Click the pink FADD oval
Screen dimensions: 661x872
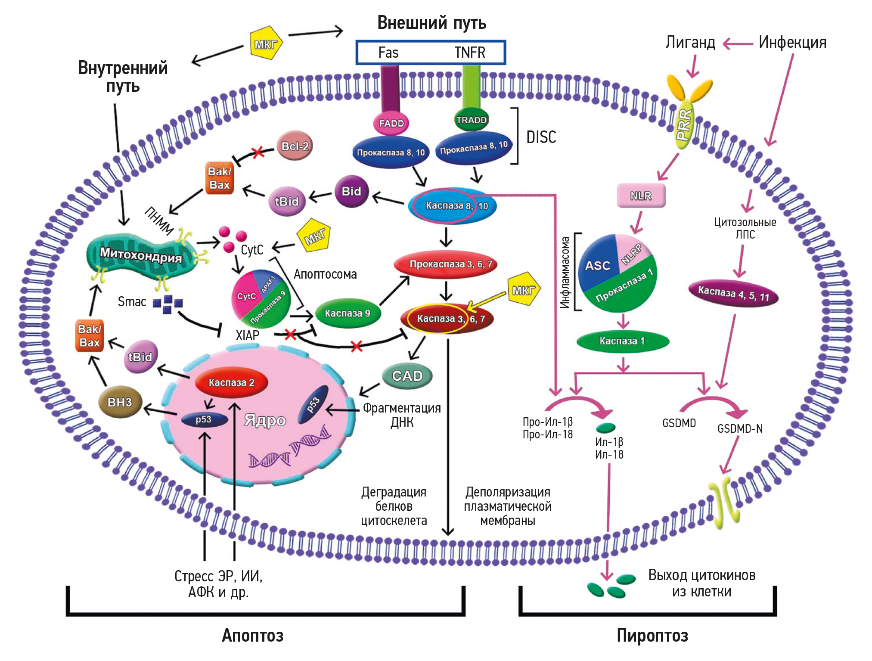[391, 123]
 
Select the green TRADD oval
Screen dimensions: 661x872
[472, 120]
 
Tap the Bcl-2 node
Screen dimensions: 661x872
[295, 146]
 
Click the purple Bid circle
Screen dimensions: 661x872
[351, 191]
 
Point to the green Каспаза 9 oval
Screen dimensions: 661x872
[347, 313]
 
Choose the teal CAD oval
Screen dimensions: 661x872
[407, 376]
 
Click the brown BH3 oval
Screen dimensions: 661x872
[120, 402]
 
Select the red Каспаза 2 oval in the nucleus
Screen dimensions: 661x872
[231, 382]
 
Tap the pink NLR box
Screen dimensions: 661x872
[641, 196]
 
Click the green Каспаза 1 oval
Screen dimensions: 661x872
[622, 341]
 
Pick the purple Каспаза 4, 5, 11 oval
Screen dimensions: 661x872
[733, 294]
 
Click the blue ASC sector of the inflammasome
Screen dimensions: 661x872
[597, 264]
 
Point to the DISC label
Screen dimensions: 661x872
[541, 137]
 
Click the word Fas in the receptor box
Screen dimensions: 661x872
[388, 53]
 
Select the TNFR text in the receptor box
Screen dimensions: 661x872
[469, 53]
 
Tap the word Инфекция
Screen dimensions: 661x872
[792, 42]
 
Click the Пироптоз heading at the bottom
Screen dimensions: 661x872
[652, 635]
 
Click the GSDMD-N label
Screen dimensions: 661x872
[740, 428]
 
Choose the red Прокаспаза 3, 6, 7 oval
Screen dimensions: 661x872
[446, 264]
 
